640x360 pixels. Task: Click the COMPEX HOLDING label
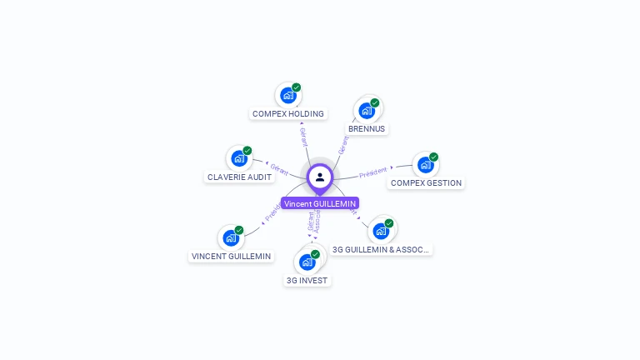pyautogui.click(x=288, y=113)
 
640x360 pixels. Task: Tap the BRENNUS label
pyautogui.click(x=367, y=129)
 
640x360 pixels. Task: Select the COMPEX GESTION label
pyautogui.click(x=426, y=182)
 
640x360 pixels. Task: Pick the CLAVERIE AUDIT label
pyautogui.click(x=239, y=177)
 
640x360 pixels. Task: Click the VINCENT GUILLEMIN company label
pyautogui.click(x=232, y=256)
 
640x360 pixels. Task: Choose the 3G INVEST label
pyautogui.click(x=307, y=280)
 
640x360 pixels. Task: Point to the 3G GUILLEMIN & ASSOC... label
pyautogui.click(x=382, y=249)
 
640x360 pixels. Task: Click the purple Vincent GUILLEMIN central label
pyautogui.click(x=320, y=203)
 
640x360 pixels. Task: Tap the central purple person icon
pyautogui.click(x=320, y=177)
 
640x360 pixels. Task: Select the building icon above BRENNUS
pyautogui.click(x=366, y=111)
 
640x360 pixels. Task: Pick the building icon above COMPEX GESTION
pyautogui.click(x=425, y=165)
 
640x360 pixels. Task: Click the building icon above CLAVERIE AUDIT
pyautogui.click(x=238, y=158)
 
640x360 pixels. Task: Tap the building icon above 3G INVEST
pyautogui.click(x=307, y=262)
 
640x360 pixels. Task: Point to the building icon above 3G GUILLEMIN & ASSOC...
pyautogui.click(x=381, y=231)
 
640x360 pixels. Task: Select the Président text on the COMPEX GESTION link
pyautogui.click(x=372, y=172)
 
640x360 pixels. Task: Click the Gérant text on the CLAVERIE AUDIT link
pyautogui.click(x=279, y=169)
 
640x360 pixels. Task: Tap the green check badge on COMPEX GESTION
pyautogui.click(x=433, y=157)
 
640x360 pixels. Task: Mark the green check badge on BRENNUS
pyautogui.click(x=375, y=103)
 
